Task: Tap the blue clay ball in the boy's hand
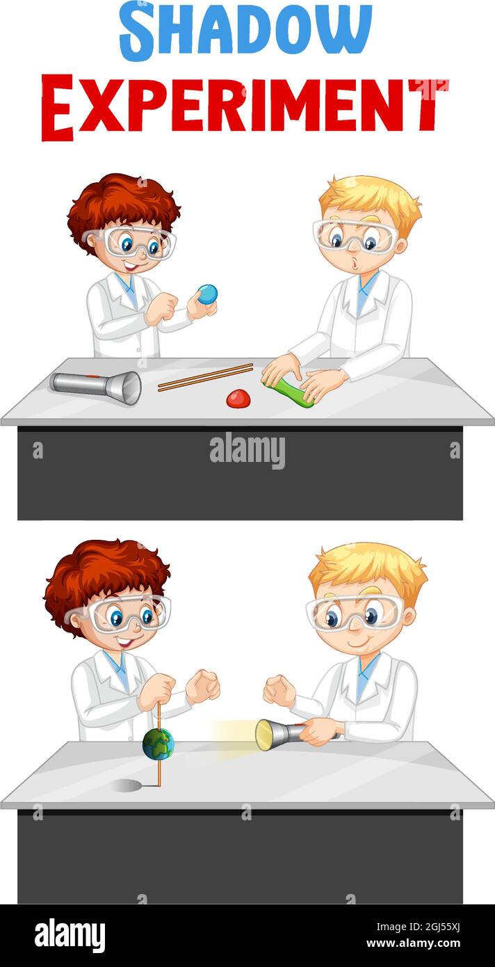pos(207,294)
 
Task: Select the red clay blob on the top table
pos(238,399)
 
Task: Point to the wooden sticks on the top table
pos(205,376)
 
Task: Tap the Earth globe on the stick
pos(158,744)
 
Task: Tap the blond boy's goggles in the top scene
pos(355,236)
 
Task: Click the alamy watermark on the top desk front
pos(247,451)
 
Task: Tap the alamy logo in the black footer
pos(70,935)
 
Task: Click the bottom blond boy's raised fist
pos(279,690)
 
